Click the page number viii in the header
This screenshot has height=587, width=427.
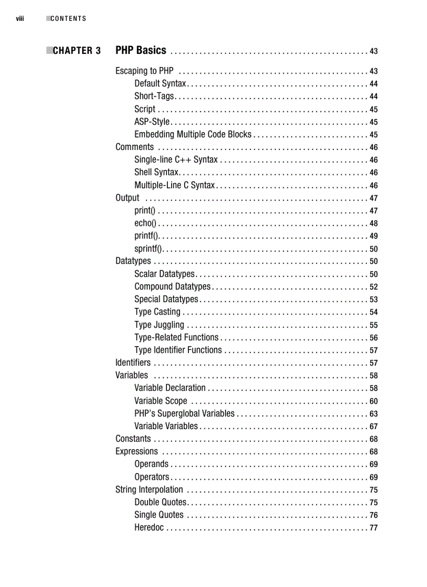point(19,19)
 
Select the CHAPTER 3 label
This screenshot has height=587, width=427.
point(76,51)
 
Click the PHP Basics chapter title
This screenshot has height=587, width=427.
point(141,50)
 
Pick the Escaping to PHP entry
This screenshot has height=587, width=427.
point(144,71)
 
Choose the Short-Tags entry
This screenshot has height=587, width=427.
point(154,96)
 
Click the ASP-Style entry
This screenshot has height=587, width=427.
point(152,122)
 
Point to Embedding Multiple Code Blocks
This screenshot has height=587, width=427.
point(193,134)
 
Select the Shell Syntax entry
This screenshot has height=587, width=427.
point(156,172)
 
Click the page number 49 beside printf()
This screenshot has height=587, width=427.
point(374,236)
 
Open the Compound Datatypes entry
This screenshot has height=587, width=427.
point(172,286)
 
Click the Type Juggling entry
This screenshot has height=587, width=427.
point(159,325)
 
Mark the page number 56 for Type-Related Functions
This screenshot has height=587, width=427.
point(374,338)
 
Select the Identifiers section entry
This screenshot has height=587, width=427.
point(133,363)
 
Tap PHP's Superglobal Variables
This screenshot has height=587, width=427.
point(184,413)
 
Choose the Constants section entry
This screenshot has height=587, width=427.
point(133,439)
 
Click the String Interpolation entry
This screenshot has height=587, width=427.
point(149,490)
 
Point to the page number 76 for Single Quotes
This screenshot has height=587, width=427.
point(374,515)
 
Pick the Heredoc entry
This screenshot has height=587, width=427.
point(149,527)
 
